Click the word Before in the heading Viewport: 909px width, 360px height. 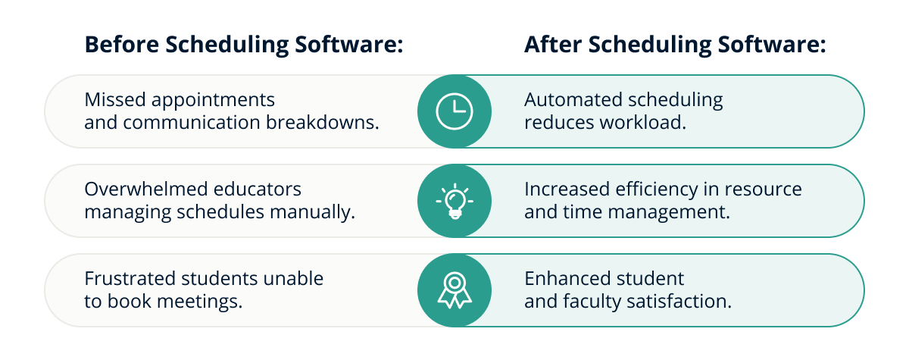[122, 44]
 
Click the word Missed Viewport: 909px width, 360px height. [115, 100]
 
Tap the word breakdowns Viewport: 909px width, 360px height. [322, 122]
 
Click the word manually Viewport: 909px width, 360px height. [312, 212]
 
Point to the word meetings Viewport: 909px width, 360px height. [199, 302]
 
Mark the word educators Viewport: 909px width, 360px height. [258, 189]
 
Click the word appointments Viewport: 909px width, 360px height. [213, 101]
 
